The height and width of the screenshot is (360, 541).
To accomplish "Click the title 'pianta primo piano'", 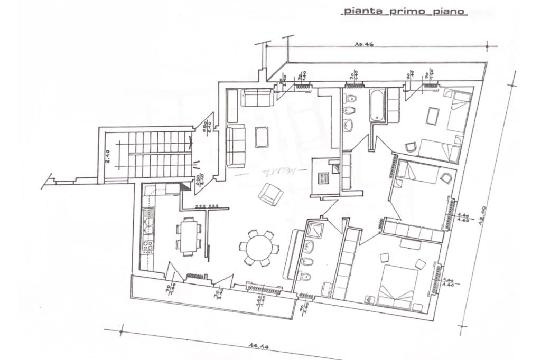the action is [x=405, y=11].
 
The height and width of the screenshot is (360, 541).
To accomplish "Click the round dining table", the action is [x=259, y=247].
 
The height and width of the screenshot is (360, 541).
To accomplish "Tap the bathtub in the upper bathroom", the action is [x=377, y=106].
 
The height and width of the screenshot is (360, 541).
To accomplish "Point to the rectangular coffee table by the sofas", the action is [x=262, y=137].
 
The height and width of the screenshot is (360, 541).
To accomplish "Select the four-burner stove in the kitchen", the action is [x=147, y=244].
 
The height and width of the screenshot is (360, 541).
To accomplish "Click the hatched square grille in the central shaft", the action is [x=322, y=177].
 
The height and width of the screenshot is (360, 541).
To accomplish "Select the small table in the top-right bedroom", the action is [x=433, y=116].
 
